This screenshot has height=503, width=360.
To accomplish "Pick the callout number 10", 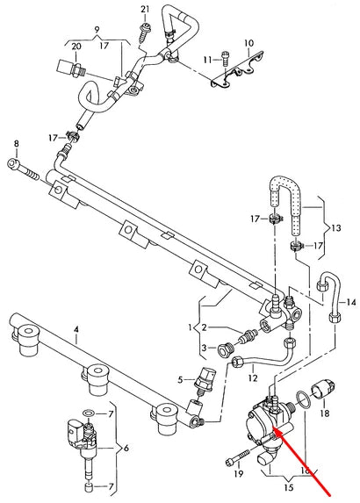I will click(x=248, y=42).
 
